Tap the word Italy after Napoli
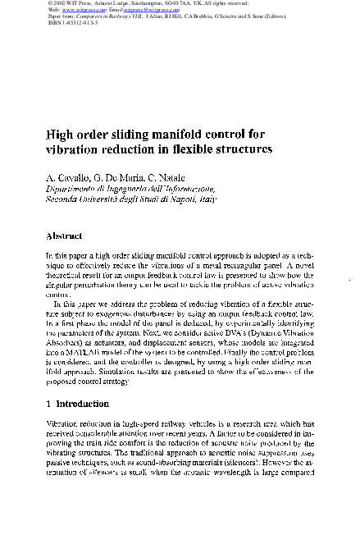[x=209, y=199]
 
